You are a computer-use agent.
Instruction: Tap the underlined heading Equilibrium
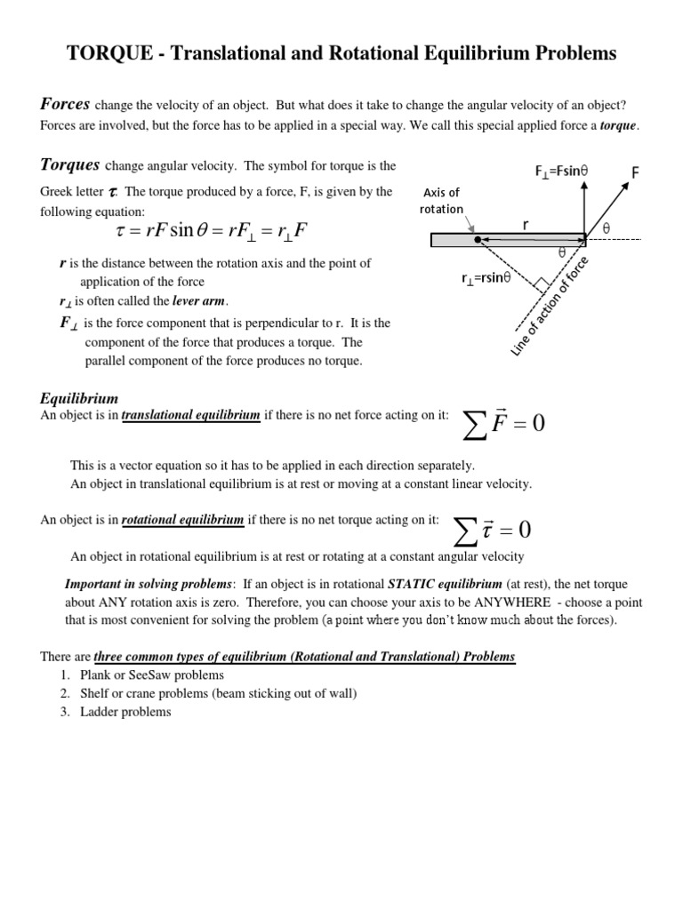[x=79, y=399]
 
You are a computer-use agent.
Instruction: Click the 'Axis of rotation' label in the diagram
[x=442, y=201]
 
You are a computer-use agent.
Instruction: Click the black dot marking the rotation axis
[x=478, y=240]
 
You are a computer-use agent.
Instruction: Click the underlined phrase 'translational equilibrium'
[x=190, y=415]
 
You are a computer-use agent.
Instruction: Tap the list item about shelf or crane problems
[x=218, y=693]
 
